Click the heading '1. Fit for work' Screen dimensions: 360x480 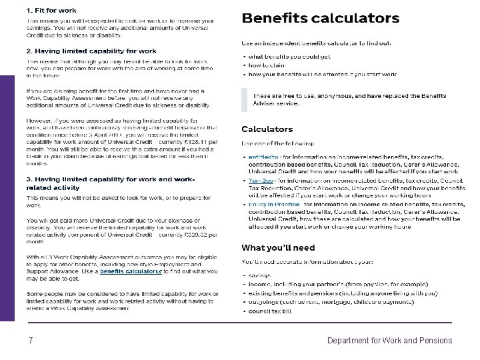click(x=51, y=11)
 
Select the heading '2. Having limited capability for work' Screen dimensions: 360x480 click(x=91, y=51)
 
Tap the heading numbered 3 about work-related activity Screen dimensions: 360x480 click(x=111, y=183)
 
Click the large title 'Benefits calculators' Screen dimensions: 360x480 click(x=320, y=19)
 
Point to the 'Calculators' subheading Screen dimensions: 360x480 click(x=267, y=129)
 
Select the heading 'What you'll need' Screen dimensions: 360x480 click(x=278, y=247)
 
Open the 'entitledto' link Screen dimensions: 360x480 click(x=263, y=157)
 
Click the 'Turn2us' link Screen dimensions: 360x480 click(x=261, y=180)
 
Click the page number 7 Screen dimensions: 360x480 click(x=31, y=341)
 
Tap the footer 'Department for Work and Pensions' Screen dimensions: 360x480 click(x=389, y=341)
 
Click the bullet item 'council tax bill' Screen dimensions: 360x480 click(x=269, y=311)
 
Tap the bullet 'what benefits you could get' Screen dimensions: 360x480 click(x=289, y=57)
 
